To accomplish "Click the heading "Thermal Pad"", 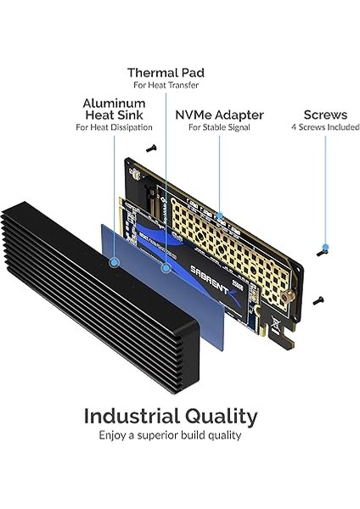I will click(x=166, y=72).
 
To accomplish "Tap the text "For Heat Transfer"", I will click(x=166, y=86).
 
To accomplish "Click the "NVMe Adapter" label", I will click(x=219, y=114).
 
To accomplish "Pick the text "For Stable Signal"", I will click(x=219, y=127).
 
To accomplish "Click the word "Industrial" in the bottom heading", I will click(x=132, y=417).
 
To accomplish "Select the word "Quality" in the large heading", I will click(x=222, y=417).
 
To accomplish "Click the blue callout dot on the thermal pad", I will click(x=166, y=267).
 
